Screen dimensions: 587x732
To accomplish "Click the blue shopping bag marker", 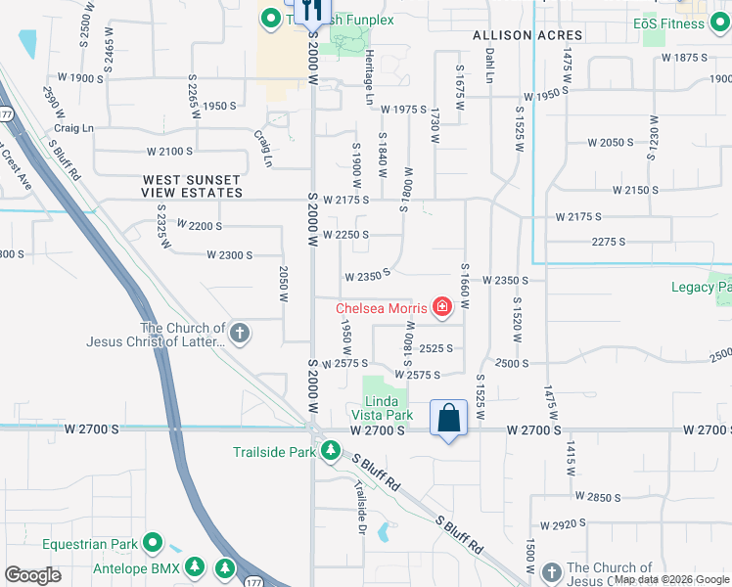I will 448,418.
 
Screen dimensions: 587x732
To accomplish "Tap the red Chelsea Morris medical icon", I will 442,308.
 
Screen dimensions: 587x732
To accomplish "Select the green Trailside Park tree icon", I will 333,452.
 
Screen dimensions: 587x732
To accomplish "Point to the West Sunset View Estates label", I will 192,186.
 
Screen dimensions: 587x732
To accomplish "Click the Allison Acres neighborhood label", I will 527,35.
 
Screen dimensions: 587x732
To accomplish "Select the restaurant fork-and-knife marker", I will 312,12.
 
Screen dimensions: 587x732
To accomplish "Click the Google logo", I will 32,575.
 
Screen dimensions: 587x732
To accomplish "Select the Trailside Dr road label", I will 360,500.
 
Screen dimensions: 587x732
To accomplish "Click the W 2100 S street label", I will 170,152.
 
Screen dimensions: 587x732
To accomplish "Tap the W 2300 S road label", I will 230,255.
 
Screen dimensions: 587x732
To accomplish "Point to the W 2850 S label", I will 599,497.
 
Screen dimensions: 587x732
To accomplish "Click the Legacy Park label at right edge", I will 701,288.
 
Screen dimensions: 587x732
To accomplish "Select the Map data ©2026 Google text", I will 672,579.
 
